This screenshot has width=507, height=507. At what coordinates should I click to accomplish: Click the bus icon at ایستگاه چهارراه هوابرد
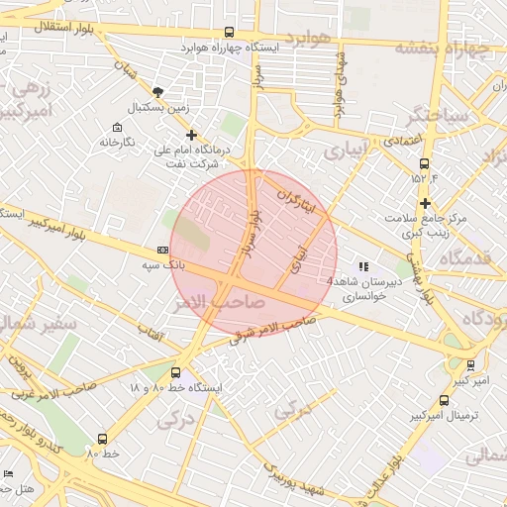[x=230, y=33]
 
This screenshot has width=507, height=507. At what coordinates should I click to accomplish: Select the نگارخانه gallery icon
[x=118, y=128]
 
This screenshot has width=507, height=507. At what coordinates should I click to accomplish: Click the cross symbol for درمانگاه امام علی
[x=191, y=135]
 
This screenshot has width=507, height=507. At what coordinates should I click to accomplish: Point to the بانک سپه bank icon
[x=162, y=252]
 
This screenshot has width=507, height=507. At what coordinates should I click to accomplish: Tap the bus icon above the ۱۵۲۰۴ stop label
[x=424, y=163]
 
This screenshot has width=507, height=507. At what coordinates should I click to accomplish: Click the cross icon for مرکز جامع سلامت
[x=424, y=203]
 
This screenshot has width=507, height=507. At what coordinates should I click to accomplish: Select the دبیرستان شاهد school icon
[x=362, y=266]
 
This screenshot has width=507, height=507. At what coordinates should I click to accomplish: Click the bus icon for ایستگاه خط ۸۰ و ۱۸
[x=175, y=373]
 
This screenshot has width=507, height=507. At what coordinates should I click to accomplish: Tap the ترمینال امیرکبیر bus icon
[x=443, y=401]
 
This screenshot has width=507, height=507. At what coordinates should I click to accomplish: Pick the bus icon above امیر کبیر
[x=469, y=365]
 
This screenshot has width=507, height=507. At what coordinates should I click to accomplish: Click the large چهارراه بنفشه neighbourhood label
[x=444, y=48]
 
